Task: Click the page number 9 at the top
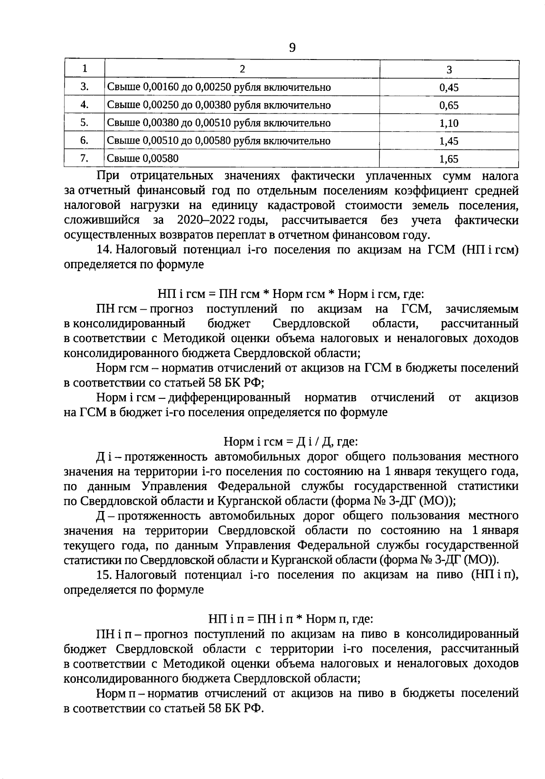coord(292,47)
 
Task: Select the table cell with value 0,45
coord(449,88)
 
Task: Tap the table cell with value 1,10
coord(449,123)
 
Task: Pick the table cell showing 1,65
coord(449,159)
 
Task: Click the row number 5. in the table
coord(84,123)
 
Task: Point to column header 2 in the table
coord(242,69)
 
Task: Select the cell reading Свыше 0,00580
coord(143,159)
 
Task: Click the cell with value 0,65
coord(449,105)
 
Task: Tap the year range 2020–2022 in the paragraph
coord(205,220)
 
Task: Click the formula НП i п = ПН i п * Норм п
coord(291,619)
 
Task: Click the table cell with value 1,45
coord(449,141)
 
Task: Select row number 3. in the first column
coord(84,87)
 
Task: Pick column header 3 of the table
coord(449,69)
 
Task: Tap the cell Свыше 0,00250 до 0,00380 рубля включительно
coord(219,105)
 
